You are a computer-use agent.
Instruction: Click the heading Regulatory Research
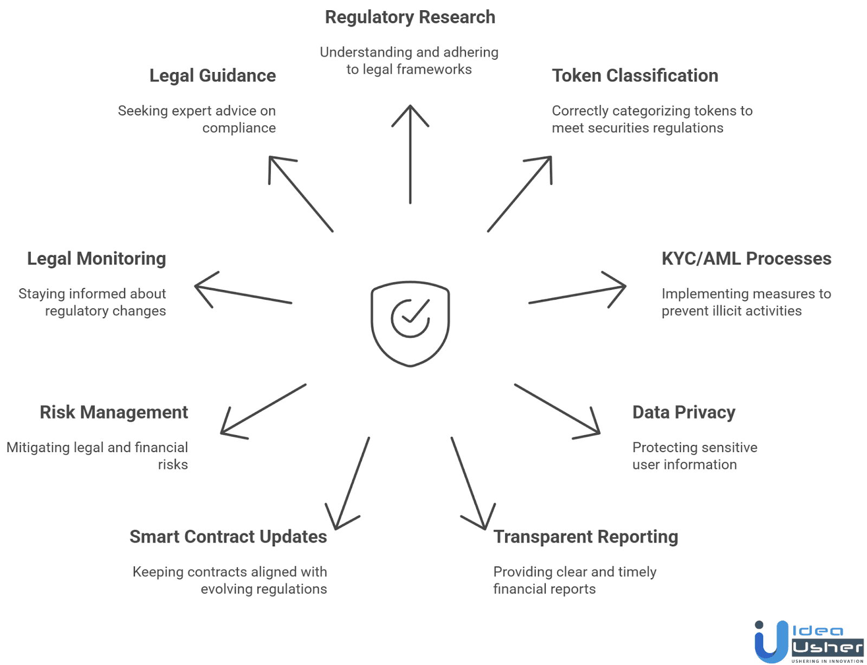tap(410, 17)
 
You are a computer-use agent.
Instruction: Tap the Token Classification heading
tap(635, 76)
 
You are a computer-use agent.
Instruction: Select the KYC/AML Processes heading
tap(746, 259)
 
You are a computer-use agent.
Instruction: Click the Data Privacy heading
tap(683, 412)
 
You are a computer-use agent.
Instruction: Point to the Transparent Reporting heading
tap(585, 537)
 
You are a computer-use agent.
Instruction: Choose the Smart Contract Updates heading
tap(228, 537)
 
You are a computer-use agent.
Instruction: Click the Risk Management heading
tap(114, 412)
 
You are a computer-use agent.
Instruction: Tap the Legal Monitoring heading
tap(96, 259)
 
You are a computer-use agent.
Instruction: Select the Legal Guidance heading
tap(212, 76)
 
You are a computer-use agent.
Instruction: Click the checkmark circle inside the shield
tap(410, 318)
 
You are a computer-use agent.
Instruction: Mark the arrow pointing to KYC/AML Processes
tap(577, 294)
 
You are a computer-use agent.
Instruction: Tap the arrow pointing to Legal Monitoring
tap(243, 294)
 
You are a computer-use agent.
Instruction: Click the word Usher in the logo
tap(827, 648)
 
